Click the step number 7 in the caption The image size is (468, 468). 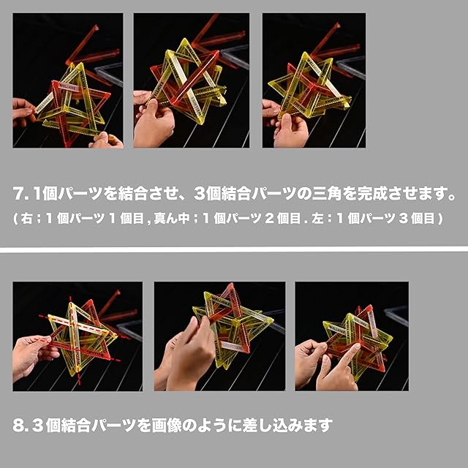[18, 194]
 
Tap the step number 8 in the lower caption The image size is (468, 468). [18, 426]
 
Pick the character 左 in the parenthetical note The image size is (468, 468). [318, 219]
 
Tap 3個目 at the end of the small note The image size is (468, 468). [417, 219]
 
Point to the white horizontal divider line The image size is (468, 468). [234, 249]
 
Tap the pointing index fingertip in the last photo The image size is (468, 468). [358, 346]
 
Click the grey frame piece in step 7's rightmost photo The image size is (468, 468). [351, 69]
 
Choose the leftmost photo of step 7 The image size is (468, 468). [68, 80]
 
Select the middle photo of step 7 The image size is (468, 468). [192, 80]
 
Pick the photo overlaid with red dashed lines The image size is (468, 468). [78, 336]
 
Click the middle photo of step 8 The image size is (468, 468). [219, 336]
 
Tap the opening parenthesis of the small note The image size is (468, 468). [15, 219]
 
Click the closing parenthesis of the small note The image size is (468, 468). [440, 219]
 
